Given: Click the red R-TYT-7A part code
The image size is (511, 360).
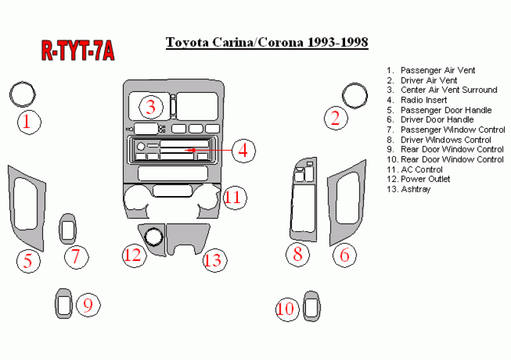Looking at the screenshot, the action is point(78,51).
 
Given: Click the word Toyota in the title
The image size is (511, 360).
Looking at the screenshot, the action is point(187,42).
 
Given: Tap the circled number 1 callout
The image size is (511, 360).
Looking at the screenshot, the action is point(29,122).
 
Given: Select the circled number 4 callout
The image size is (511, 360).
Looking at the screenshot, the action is point(244,151).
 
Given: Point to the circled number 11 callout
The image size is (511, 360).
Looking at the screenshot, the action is point(235,197).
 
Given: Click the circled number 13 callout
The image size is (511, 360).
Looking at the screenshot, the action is point(214,260).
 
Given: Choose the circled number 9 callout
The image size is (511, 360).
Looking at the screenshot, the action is point(88,305).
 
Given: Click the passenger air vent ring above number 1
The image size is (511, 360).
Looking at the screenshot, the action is point(23,94).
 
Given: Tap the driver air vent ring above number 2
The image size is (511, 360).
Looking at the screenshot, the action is point(355,95).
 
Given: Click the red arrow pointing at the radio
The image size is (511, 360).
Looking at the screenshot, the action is point(208,150).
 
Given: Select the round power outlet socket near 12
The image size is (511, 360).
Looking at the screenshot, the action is point(153,237).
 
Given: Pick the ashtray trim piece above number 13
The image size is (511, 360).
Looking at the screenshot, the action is point(188,239).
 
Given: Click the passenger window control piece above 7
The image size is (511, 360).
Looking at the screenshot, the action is point(68,229).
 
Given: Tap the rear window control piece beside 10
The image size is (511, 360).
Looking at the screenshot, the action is point(312,306).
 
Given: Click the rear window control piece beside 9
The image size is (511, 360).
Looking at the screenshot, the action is point(64,303).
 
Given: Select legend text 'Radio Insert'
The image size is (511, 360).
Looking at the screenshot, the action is point(424,100).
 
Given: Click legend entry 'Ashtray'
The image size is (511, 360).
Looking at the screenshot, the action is point(416,189).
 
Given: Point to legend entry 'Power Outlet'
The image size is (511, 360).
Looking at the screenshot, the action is point(425,179).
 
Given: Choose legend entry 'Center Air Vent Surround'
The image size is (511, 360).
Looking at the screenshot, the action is point(449,90).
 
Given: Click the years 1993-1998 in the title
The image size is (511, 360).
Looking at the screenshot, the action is point(338,42).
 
